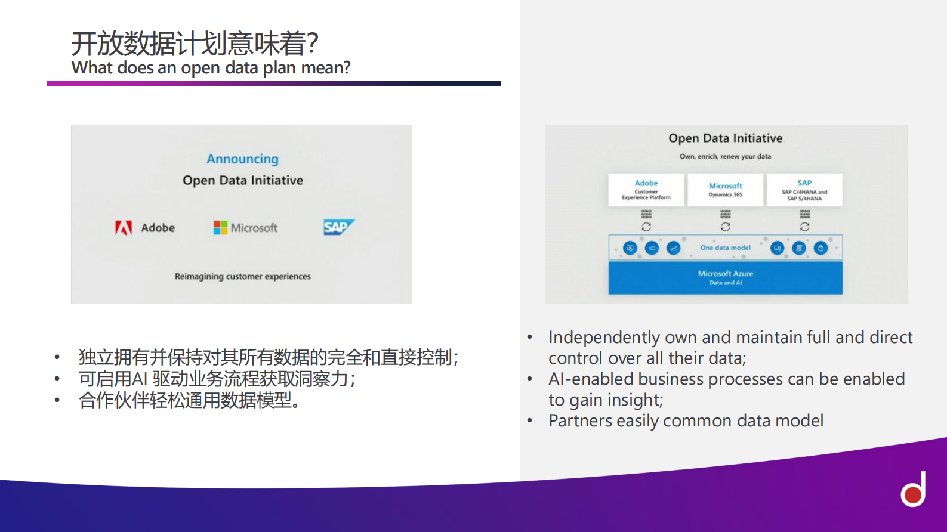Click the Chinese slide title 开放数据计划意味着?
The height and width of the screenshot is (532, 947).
(195, 44)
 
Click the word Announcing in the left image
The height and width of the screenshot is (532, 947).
(242, 159)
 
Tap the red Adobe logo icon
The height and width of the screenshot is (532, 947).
(124, 228)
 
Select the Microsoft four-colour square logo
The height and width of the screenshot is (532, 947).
(220, 228)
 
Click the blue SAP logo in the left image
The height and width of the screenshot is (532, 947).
(338, 227)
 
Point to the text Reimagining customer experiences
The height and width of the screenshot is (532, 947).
(242, 276)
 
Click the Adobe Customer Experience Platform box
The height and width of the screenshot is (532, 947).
(646, 190)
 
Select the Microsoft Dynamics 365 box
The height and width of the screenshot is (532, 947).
(725, 190)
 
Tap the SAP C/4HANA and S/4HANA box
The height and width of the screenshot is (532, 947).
(804, 190)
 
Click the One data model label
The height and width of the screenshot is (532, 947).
(725, 248)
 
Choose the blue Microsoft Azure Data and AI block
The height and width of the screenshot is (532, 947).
(725, 278)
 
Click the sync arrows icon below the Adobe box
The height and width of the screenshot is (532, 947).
(646, 227)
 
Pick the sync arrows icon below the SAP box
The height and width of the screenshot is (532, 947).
(804, 227)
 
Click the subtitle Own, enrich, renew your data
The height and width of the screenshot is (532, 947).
(725, 156)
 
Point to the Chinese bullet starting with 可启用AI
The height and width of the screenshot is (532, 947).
(217, 379)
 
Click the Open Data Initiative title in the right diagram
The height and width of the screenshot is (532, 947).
(725, 138)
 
